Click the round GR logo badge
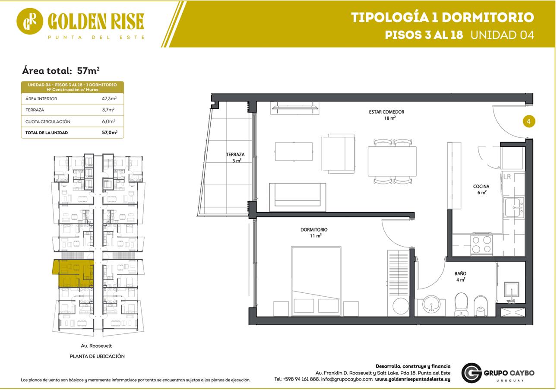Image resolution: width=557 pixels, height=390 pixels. tap(30, 21)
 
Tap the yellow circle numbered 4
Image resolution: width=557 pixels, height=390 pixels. tap(529, 121)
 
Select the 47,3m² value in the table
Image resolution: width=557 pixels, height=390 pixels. tap(109, 98)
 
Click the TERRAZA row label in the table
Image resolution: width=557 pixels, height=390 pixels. tap(35, 110)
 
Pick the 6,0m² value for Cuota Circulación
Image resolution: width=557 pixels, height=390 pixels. tap(108, 121)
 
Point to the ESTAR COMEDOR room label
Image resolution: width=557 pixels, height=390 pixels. tap(386, 112)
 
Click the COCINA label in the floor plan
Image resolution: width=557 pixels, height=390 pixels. tap(481, 186)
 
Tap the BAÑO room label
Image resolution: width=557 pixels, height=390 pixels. tap(460, 273)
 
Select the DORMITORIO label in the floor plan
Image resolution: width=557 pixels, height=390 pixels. tap(314, 230)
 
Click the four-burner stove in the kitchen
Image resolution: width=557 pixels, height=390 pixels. tap(481, 244)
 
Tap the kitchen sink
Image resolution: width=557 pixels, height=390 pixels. tap(514, 207)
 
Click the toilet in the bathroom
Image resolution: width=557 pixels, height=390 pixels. tap(461, 304)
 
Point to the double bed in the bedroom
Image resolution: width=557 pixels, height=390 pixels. tap(316, 281)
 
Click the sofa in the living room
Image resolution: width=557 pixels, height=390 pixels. tap(297, 197)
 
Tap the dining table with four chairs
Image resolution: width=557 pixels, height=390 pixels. tap(392, 162)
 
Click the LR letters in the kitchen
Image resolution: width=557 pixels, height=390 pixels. tap(507, 177)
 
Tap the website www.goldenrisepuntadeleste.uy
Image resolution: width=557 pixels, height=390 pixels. tap(412, 379)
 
